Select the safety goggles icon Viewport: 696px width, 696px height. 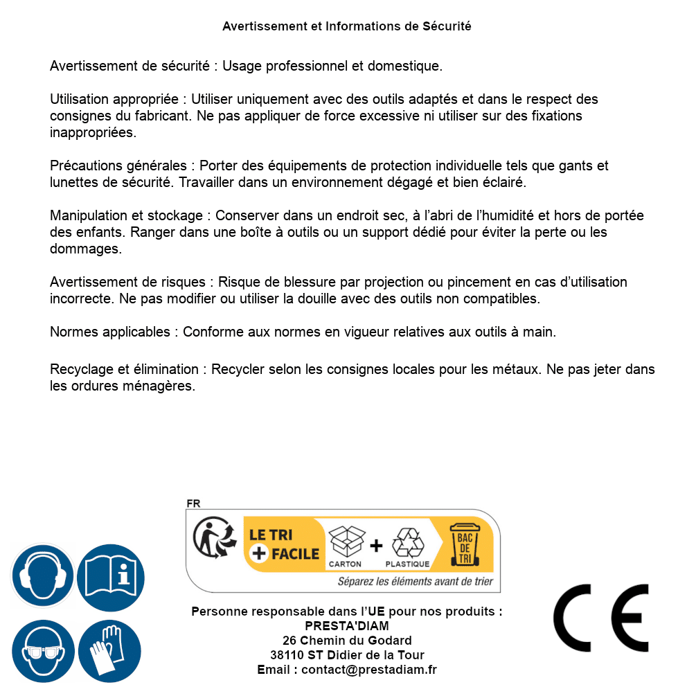click(x=42, y=652)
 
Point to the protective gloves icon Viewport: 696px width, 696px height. click(x=110, y=652)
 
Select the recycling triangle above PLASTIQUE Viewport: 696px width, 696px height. click(x=407, y=542)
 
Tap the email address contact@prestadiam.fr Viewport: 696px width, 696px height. click(x=369, y=670)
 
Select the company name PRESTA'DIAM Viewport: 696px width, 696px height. click(x=347, y=626)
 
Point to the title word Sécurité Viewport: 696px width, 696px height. click(x=447, y=26)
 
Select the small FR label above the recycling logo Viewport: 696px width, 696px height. click(x=193, y=504)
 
